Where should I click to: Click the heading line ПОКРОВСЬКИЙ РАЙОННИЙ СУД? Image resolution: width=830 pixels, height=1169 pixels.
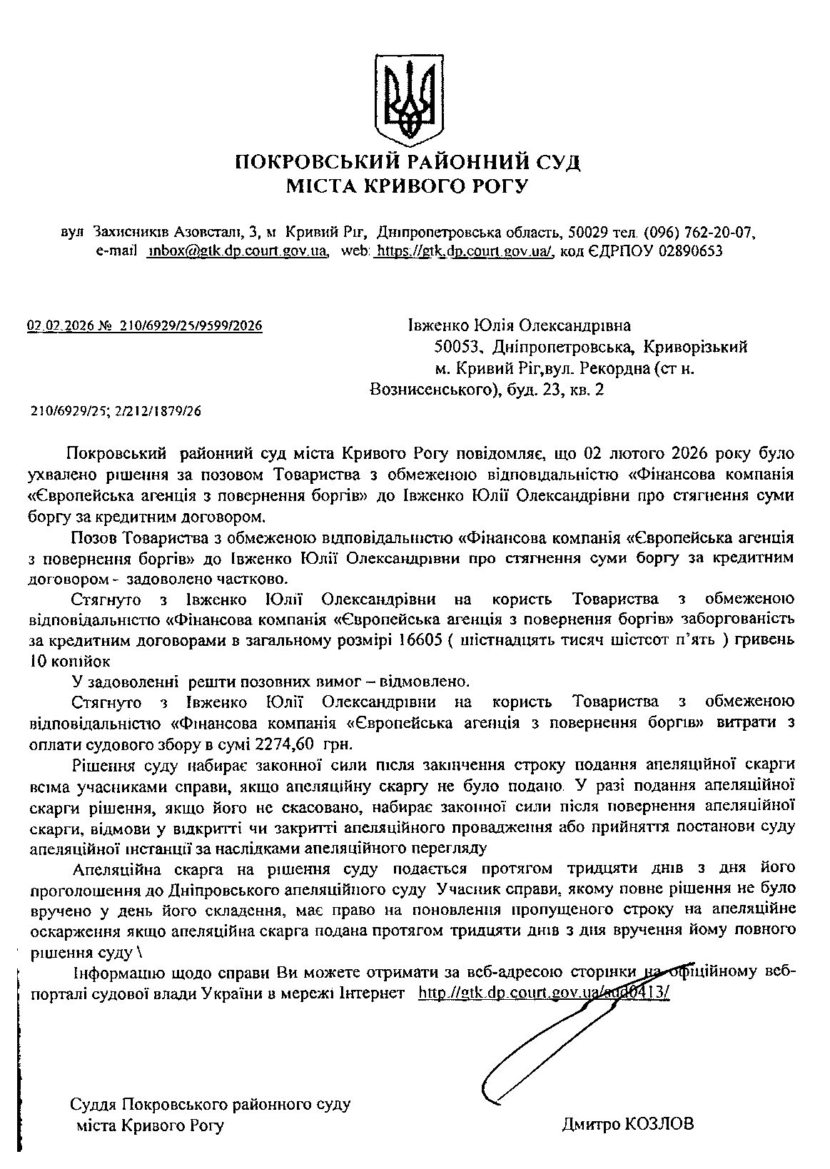pos(408,162)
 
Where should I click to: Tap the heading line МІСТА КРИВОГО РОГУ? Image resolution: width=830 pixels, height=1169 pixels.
pos(408,187)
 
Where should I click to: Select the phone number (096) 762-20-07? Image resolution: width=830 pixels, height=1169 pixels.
pos(699,233)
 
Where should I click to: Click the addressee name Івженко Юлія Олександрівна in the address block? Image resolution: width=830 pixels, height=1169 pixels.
pos(519,326)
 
